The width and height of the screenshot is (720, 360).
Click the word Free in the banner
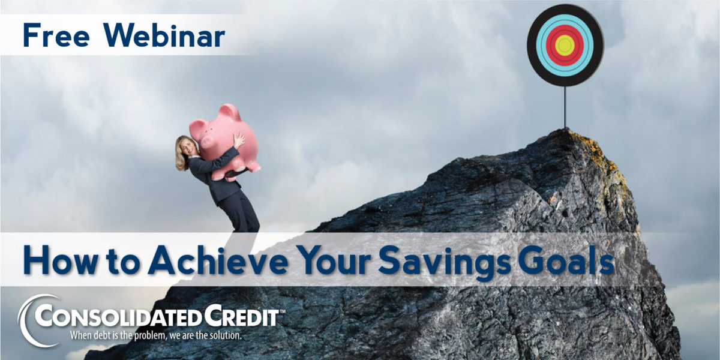56,35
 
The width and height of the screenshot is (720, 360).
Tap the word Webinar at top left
164,35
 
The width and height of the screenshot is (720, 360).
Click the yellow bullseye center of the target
565,46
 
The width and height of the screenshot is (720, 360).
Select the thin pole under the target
564,107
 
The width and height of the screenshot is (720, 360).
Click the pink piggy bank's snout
206,141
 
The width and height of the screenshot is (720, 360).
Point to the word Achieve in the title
218,260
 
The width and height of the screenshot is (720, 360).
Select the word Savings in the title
445,263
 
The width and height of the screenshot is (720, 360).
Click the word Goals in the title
566,260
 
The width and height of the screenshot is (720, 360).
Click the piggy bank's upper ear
230,112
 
